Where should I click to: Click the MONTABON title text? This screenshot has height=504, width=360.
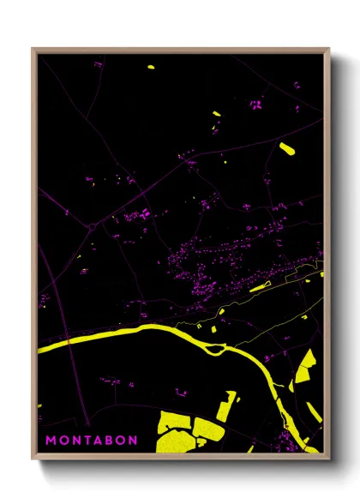[91, 440]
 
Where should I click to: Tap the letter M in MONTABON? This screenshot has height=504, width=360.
[51, 440]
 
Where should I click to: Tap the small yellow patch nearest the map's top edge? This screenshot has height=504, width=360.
[150, 66]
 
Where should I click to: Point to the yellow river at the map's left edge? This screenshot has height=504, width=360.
[47, 346]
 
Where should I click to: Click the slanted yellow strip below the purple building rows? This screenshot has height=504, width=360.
[261, 288]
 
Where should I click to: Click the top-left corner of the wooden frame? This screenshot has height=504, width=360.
[33, 49]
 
